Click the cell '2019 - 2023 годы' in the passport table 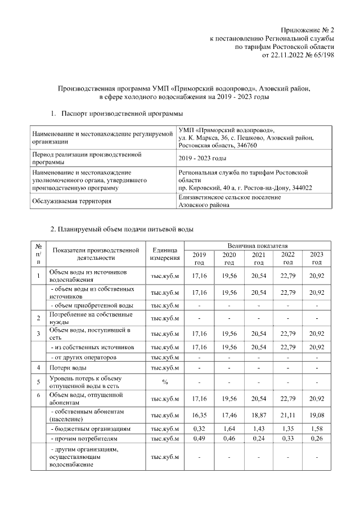(x=202, y=158)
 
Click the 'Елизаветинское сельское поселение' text (x=229, y=197)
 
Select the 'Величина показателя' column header (x=258, y=246)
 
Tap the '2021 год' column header (x=258, y=259)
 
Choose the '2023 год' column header (x=317, y=259)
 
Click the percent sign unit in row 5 (x=165, y=381)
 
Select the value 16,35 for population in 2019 (x=199, y=416)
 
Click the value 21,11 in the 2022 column (x=287, y=416)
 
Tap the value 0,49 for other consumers (x=199, y=439)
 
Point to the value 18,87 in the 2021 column (x=258, y=416)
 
